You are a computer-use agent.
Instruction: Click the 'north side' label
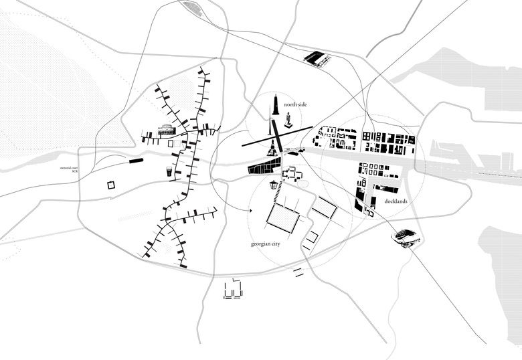pos(295,104)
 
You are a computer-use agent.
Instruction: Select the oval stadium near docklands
pos(406,236)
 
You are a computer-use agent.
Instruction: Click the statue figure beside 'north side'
pos(288,120)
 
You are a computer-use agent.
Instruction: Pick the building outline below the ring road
pos(232,290)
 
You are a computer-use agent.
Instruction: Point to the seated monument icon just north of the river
pos(272,149)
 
